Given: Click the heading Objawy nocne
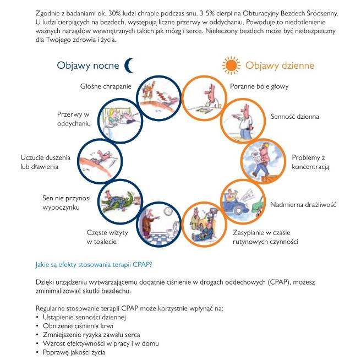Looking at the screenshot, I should (x=88, y=66).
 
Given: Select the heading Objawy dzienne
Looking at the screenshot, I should (x=280, y=66).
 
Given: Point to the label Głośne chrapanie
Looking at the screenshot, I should (x=105, y=86).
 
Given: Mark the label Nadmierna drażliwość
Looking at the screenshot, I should (x=303, y=205).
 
